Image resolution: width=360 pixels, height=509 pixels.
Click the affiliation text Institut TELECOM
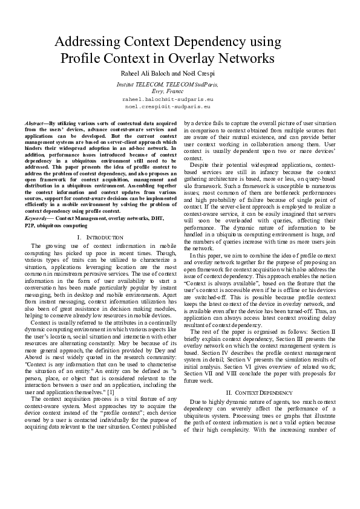coord(139,85)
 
